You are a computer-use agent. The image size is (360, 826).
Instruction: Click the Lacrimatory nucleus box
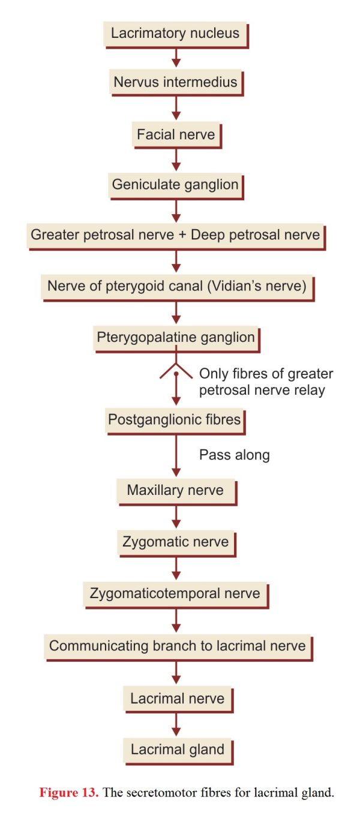[x=176, y=35]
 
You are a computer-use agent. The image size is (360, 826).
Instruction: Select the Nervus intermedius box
[x=176, y=83]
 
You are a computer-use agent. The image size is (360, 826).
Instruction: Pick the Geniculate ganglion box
[x=176, y=186]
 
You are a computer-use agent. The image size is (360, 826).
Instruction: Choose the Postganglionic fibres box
[x=175, y=421]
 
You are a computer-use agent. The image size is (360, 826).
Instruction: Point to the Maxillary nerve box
[x=176, y=492]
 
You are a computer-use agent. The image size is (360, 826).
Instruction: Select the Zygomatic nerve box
[x=176, y=543]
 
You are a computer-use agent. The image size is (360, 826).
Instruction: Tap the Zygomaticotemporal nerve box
[x=176, y=595]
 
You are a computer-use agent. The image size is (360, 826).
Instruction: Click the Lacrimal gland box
[x=178, y=751]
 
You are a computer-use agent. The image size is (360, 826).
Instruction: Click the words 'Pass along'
[x=235, y=455]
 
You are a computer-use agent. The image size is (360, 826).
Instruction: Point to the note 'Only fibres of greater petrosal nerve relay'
[x=266, y=382]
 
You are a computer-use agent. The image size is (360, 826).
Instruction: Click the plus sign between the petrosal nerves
[x=182, y=235]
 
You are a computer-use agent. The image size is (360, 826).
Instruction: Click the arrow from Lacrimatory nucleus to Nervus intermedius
[x=176, y=58]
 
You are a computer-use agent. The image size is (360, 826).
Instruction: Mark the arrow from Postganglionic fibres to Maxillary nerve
[x=176, y=456]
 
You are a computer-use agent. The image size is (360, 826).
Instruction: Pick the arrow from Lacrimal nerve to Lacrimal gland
[x=176, y=725]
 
